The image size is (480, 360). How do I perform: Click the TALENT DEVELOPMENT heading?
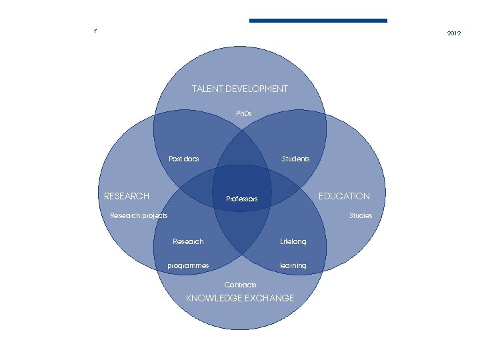pos(239,89)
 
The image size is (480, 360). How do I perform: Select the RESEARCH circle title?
pos(127,196)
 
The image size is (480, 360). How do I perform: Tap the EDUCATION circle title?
pos(344,196)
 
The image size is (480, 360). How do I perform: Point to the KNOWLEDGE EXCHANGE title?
pos(239,298)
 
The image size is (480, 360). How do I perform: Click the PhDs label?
pos(244,114)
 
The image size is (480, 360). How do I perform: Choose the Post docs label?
pos(183,159)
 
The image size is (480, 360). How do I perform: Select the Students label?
pos(295,159)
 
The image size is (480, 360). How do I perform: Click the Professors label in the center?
pos(241,199)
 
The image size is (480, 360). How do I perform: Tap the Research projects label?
pos(139,215)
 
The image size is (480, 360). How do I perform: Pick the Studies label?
pos(361,215)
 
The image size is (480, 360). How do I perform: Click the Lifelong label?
pos(293,241)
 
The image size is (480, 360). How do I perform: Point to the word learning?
pos(293,265)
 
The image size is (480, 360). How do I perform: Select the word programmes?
pos(188,265)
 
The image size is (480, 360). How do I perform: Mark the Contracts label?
pos(240,285)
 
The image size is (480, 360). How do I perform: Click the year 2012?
pos(454,33)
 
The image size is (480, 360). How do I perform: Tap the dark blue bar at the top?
pos(318,21)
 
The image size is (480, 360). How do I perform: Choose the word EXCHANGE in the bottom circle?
pos(269,298)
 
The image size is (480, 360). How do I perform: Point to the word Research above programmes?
pos(188,241)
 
